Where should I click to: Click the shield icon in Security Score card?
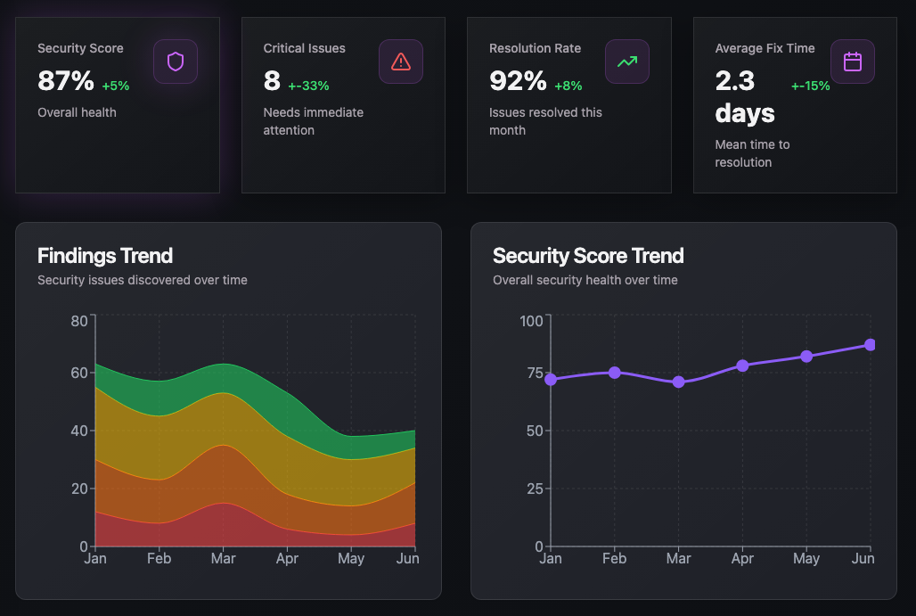176,62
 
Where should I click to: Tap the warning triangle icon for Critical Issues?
401,62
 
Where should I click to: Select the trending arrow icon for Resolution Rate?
627,62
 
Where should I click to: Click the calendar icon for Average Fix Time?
853,62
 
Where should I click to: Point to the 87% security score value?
66,81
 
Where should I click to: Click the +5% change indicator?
116,86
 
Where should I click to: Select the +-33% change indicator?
308,86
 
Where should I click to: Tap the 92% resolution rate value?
518,81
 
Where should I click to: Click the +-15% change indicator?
810,86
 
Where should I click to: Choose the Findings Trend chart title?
105,256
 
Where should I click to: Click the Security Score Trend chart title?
588,256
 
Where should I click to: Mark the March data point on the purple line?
679,382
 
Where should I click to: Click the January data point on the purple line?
551,380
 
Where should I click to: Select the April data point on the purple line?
742,365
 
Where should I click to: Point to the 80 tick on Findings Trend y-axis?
79,321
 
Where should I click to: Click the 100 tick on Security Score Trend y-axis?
531,321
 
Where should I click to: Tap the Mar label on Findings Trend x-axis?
223,559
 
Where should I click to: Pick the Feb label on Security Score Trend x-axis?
614,559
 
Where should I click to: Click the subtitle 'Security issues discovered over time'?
143,280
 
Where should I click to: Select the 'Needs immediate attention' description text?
313,121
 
